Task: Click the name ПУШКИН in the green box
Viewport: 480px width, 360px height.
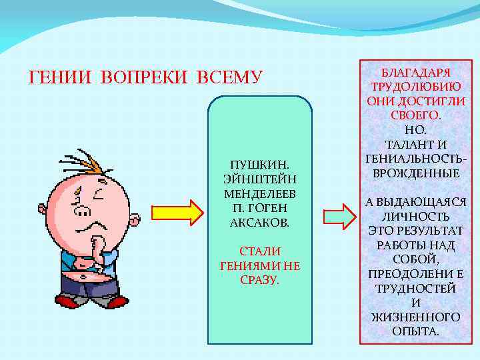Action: coord(259,164)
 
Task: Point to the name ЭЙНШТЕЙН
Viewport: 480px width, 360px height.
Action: coord(259,179)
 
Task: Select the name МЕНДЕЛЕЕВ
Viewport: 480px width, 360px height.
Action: coord(259,193)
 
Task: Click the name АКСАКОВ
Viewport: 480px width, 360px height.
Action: coord(259,222)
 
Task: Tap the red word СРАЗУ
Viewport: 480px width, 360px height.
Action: coord(259,280)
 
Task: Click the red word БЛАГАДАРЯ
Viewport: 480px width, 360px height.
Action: coord(416,73)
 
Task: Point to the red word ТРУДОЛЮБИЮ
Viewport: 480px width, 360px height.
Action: coord(416,87)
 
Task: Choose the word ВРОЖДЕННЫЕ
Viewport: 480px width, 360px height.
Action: coord(416,173)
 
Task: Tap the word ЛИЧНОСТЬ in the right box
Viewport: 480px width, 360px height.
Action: coord(416,217)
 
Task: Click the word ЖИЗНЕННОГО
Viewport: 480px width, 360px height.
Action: coord(416,317)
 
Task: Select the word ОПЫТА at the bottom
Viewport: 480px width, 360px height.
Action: coord(416,331)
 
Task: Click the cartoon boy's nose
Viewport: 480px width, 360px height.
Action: coord(82,212)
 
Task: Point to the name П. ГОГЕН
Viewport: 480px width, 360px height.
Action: coord(259,208)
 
